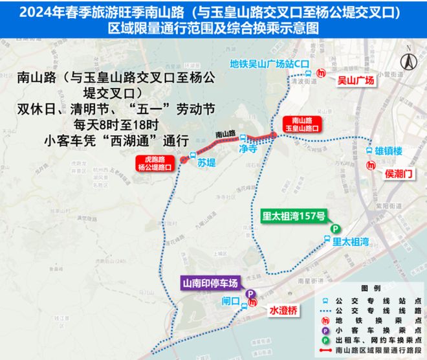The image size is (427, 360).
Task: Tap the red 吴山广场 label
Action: [356, 80]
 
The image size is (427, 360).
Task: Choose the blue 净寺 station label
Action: [248, 148]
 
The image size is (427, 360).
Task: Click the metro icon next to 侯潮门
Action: [370, 164]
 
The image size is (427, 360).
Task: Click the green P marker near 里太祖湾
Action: [335, 229]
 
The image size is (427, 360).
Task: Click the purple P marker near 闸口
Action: [250, 293]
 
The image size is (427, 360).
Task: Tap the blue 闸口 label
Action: [230, 300]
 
